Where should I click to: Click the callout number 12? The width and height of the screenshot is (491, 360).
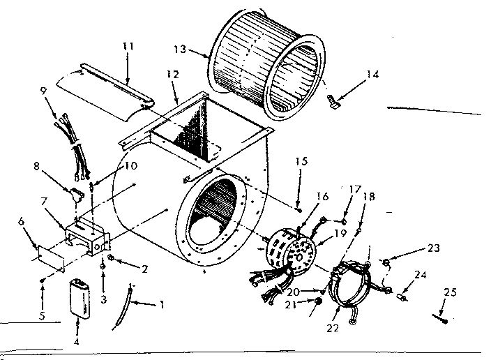click(x=173, y=74)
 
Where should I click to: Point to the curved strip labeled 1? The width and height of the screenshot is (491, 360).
click(x=122, y=307)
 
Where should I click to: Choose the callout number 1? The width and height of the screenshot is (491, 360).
click(x=163, y=305)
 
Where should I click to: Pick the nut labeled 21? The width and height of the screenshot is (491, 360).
click(x=319, y=301)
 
